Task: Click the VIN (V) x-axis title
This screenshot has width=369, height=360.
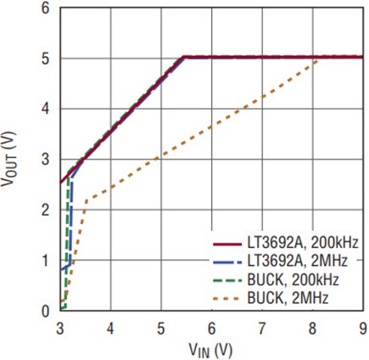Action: click(210, 350)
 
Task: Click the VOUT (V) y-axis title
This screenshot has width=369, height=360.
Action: click(8, 159)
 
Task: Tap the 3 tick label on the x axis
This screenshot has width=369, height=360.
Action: click(60, 329)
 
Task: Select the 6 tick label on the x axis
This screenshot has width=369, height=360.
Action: click(211, 329)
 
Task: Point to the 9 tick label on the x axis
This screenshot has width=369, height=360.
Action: click(363, 329)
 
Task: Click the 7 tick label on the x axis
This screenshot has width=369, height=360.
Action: click(262, 329)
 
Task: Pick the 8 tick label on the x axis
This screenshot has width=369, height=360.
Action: click(312, 329)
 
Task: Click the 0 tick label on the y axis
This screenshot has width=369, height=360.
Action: click(46, 312)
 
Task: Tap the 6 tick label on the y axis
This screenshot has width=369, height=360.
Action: click(46, 8)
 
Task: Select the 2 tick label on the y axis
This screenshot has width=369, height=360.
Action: click(46, 211)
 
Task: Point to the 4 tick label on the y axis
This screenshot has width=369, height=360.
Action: click(46, 110)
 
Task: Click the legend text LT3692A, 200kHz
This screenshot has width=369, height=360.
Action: click(303, 243)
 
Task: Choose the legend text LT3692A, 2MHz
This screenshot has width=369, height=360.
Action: click(297, 261)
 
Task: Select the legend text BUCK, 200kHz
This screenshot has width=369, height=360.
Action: click(293, 280)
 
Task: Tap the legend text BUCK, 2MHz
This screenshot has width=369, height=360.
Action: click(288, 298)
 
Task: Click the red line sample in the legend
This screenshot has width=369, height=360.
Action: click(227, 244)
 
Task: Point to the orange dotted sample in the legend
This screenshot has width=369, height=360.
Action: click(227, 298)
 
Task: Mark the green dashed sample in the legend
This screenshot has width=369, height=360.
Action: click(227, 280)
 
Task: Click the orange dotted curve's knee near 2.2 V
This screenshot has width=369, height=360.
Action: click(87, 200)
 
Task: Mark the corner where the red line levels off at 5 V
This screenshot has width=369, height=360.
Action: click(183, 58)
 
